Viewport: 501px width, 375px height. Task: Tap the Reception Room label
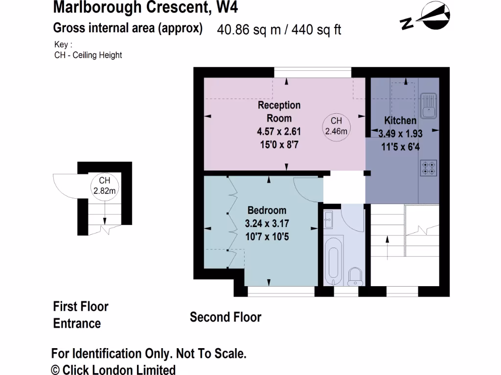click(x=279, y=111)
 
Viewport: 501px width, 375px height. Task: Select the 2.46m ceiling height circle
click(x=336, y=126)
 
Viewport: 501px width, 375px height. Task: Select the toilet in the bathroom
click(x=355, y=277)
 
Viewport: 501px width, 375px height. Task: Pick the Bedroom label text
click(x=267, y=210)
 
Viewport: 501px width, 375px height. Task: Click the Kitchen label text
click(x=400, y=121)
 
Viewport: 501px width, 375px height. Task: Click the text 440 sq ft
click(x=317, y=30)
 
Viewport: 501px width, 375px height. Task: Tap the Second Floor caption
click(x=226, y=317)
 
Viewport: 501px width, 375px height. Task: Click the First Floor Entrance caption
click(x=80, y=315)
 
